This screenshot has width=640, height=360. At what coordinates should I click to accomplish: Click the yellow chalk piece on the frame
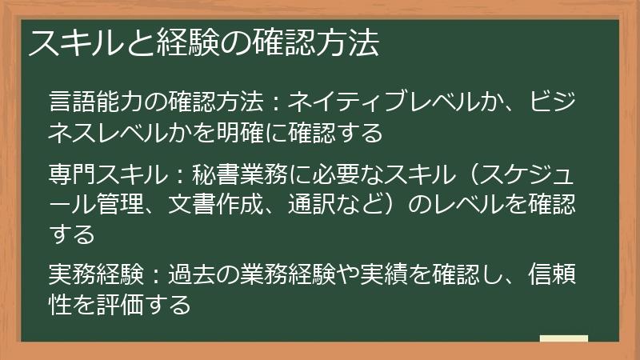point(563,340)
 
